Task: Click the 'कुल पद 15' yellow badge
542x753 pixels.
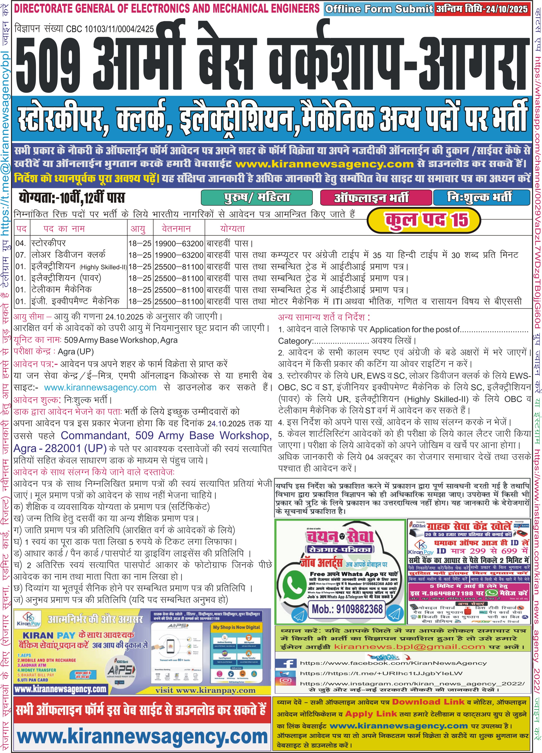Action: coord(424,219)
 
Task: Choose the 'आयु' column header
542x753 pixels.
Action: coord(138,229)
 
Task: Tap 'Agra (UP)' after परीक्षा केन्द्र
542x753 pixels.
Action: coord(76,352)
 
